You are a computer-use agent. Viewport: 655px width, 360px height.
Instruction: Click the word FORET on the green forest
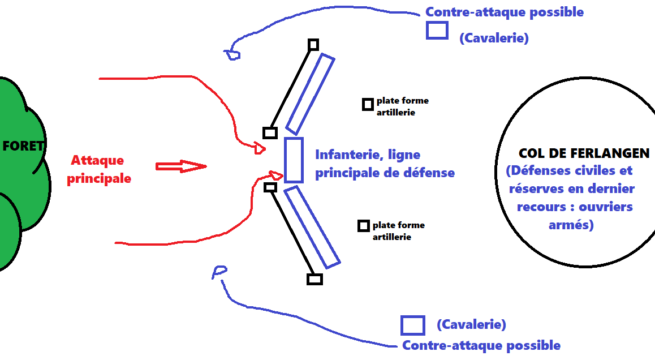pos(23,146)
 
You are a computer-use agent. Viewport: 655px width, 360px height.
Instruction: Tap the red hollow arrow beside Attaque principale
pos(181,166)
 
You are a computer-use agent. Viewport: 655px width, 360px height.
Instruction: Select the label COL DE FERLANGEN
pos(584,153)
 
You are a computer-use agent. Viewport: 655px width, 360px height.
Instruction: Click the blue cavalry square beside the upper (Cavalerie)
pos(437,30)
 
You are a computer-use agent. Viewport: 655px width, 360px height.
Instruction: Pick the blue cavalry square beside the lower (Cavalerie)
pos(412,325)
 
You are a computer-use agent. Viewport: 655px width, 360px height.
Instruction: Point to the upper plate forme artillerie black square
pos(368,104)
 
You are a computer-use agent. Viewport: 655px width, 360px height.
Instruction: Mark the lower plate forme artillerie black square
pos(364,226)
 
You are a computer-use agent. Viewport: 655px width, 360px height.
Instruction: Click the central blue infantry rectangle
pos(294,160)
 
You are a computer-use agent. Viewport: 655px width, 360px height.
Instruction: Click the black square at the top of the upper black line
pos(313,45)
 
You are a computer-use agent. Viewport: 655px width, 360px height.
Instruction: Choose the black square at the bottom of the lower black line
pos(314,279)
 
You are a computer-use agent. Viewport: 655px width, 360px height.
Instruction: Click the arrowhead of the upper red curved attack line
pos(260,148)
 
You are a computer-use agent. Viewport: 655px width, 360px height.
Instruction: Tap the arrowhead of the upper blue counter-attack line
pos(232,54)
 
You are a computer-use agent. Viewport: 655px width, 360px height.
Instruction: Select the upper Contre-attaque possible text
pos(504,12)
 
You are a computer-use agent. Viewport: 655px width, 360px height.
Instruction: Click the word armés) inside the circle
pos(571,225)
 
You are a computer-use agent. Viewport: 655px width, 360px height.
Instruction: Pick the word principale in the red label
pos(99,178)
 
